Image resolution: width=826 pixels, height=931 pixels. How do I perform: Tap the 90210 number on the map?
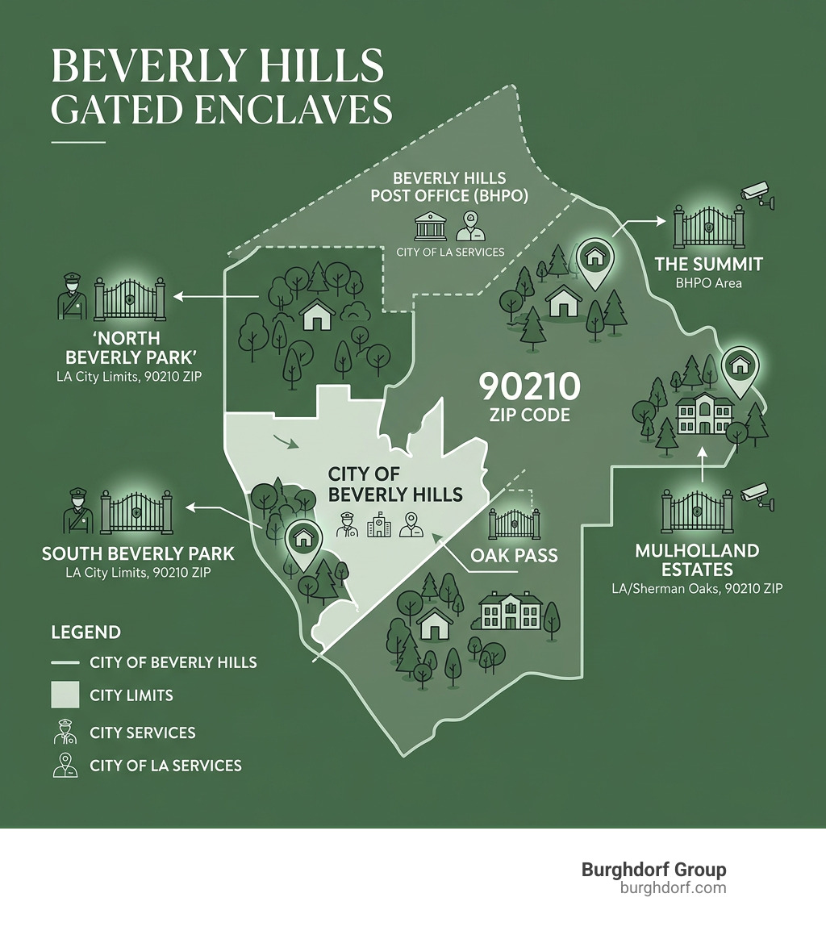click(x=529, y=387)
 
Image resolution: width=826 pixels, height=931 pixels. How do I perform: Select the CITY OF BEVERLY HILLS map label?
click(x=394, y=483)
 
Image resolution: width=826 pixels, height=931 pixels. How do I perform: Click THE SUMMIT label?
click(x=708, y=265)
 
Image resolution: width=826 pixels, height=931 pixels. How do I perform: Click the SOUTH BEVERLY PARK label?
click(x=138, y=554)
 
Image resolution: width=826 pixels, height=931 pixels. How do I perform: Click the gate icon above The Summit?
click(x=707, y=228)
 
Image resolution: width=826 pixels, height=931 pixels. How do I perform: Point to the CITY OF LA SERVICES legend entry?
click(x=165, y=765)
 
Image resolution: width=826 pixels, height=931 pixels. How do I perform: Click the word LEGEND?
click(x=86, y=632)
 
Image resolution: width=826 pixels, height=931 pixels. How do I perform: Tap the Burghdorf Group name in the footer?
click(x=653, y=870)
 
